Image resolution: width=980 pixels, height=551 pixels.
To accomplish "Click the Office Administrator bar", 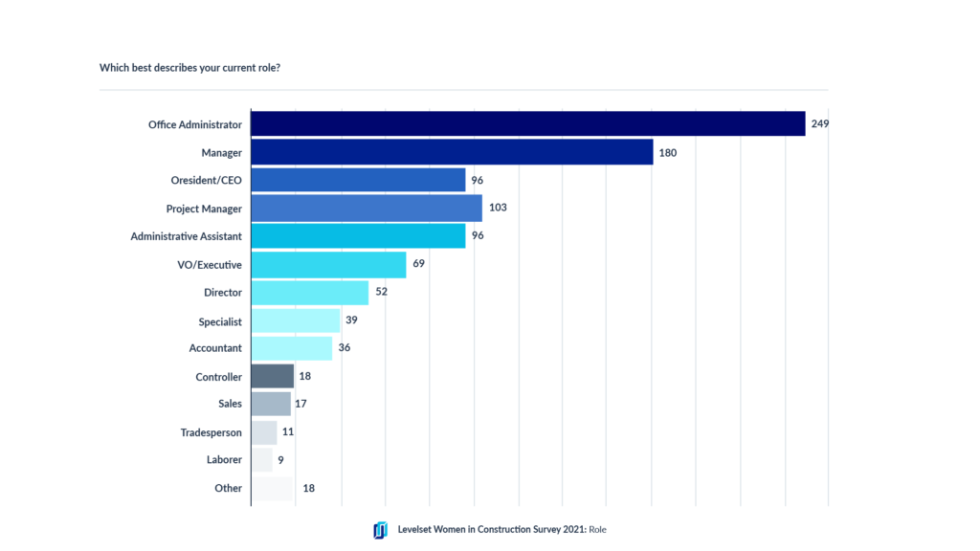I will (527, 124).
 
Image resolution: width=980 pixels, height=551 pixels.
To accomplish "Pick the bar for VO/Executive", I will (328, 264).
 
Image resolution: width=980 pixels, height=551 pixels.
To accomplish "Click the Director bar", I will (309, 293).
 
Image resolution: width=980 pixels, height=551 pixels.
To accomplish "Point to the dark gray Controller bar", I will (272, 377).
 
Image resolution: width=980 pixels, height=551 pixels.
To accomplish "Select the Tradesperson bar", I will (263, 432).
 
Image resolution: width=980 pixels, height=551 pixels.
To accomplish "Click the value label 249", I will (819, 124).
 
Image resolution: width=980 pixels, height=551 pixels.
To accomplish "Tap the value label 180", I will (668, 152).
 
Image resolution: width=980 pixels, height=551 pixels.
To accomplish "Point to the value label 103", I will (498, 209).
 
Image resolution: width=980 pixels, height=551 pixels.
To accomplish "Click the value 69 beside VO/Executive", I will (418, 264).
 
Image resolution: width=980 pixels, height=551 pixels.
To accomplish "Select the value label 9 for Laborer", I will (281, 460).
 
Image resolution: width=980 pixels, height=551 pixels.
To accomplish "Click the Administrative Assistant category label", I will (187, 236).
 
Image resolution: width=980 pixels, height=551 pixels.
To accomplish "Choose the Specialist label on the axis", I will (220, 321).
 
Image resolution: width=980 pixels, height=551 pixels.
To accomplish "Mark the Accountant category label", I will (215, 348).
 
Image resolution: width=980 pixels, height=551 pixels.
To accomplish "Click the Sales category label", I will (230, 404).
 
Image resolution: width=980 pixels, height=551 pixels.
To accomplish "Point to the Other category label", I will (228, 488).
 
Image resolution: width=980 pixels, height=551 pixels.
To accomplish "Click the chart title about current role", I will (189, 69).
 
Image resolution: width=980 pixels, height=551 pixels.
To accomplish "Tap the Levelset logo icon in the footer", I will (381, 530).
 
